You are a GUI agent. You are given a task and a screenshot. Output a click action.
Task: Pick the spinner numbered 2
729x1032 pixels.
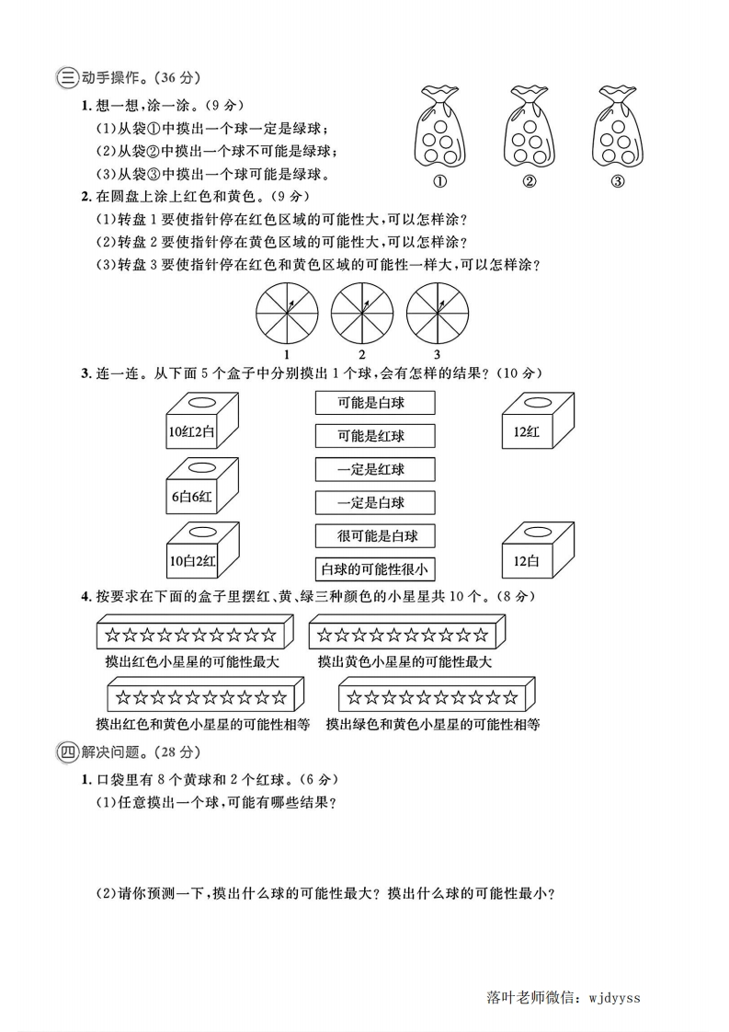coord(361,311)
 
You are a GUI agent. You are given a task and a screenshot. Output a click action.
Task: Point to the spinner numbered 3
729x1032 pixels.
coord(437,311)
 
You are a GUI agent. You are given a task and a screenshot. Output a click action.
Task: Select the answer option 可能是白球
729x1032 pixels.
coord(374,403)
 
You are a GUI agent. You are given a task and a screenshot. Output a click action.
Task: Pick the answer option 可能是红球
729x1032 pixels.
coord(374,436)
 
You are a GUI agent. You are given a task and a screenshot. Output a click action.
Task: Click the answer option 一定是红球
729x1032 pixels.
coord(374,469)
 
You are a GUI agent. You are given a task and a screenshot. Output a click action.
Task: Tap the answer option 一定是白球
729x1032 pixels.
coord(374,502)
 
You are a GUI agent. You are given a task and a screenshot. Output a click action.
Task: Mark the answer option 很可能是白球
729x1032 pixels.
coord(374,535)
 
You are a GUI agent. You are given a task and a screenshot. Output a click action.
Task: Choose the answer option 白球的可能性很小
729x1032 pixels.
coord(374,568)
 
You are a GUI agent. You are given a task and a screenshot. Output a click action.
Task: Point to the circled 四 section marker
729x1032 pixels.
coord(66,751)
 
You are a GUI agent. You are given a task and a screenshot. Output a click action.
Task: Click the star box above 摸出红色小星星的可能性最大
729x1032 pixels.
coord(193,634)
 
